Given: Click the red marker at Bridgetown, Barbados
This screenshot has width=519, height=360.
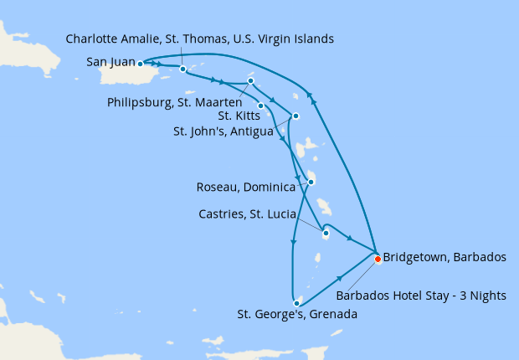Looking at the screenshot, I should [x=378, y=259].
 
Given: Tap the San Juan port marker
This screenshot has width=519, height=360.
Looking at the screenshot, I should [x=140, y=63].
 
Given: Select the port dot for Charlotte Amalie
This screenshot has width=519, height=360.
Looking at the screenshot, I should [x=182, y=69].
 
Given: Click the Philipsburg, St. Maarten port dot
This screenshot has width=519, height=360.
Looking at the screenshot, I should [x=251, y=81].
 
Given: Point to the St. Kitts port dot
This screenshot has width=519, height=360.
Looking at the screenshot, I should [x=261, y=105].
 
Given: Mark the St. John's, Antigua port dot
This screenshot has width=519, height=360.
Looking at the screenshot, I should [x=295, y=116].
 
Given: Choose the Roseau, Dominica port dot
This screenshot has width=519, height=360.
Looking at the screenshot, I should [x=311, y=182].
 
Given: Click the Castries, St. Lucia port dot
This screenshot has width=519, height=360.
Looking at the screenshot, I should [x=326, y=234].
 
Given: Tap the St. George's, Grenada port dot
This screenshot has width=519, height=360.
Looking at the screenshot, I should [x=297, y=302].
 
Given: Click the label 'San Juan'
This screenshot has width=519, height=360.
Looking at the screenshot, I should [x=107, y=62].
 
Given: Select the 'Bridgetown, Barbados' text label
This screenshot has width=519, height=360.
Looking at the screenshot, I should [x=444, y=257].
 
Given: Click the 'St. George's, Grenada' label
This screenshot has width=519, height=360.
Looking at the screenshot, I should [x=297, y=316].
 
